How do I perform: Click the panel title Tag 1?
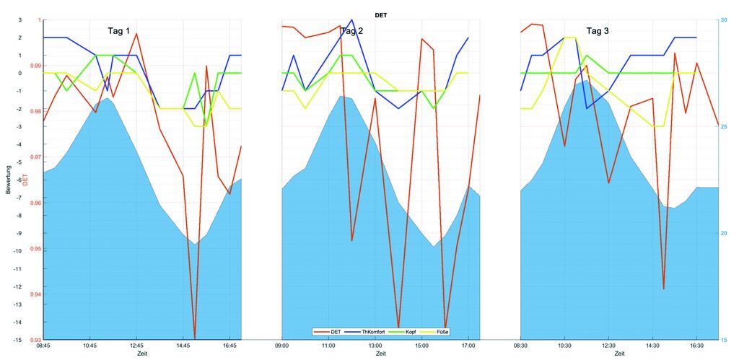119,31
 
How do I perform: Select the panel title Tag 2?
351,31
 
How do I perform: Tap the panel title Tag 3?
598,31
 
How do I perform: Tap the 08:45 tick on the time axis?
43,346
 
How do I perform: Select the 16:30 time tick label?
696,346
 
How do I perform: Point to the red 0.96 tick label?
35,203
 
